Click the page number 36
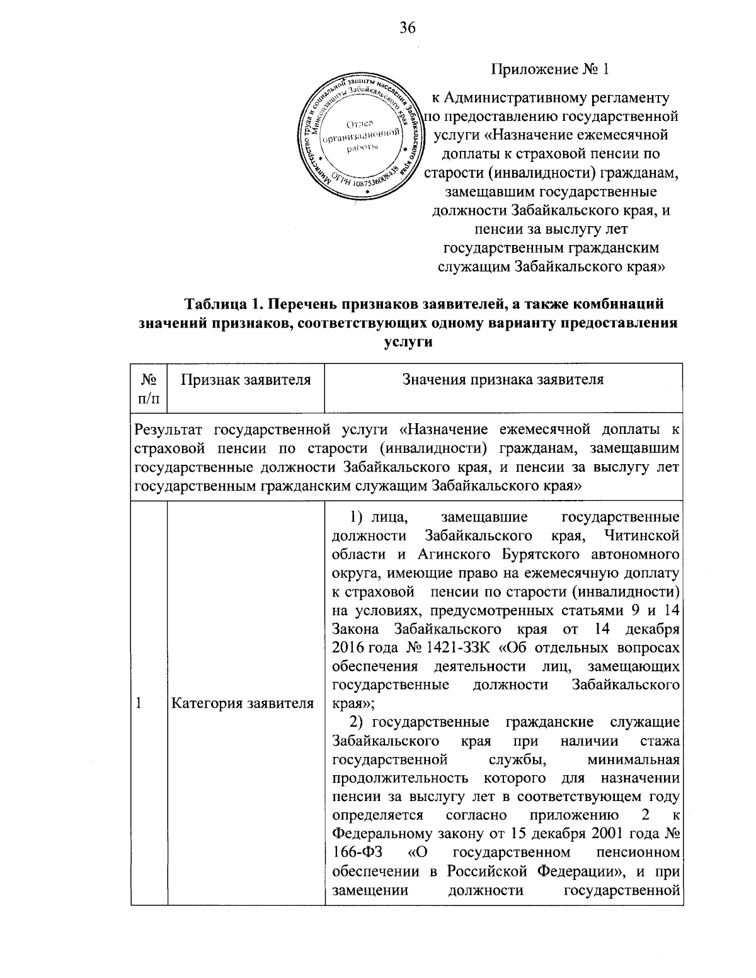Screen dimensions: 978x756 [x=408, y=27]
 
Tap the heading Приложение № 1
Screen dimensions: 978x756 [x=551, y=69]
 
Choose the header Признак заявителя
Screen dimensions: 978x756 [x=246, y=380]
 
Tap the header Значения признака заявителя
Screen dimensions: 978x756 [x=503, y=380]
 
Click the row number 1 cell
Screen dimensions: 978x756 [x=139, y=703]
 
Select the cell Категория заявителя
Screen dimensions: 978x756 [x=243, y=703]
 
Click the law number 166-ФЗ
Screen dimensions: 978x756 [x=353, y=852]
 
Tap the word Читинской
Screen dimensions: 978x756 [x=641, y=535]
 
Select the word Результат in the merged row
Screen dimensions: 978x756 [x=170, y=430]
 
